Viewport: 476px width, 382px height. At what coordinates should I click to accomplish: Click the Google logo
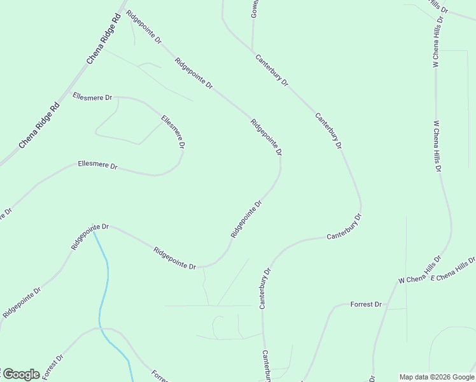pos(20,374)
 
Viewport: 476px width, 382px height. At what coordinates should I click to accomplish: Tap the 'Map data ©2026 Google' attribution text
pos(437,377)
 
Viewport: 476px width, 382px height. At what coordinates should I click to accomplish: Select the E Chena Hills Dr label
pos(453,270)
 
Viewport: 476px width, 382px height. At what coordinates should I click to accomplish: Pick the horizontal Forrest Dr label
pos(366,305)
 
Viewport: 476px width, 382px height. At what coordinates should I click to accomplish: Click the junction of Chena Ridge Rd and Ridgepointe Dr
pos(121,11)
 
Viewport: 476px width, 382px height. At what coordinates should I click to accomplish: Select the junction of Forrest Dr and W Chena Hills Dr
pos(389,308)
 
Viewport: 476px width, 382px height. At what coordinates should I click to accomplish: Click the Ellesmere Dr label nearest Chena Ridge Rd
pos(92,97)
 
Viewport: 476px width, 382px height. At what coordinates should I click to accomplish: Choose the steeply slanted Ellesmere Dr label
pos(173,132)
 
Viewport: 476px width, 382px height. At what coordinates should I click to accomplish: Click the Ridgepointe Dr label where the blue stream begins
pos(90,236)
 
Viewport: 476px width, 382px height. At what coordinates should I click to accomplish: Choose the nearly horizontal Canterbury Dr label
pos(344,227)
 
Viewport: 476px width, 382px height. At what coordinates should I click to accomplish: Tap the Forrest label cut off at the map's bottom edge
pos(160,376)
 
